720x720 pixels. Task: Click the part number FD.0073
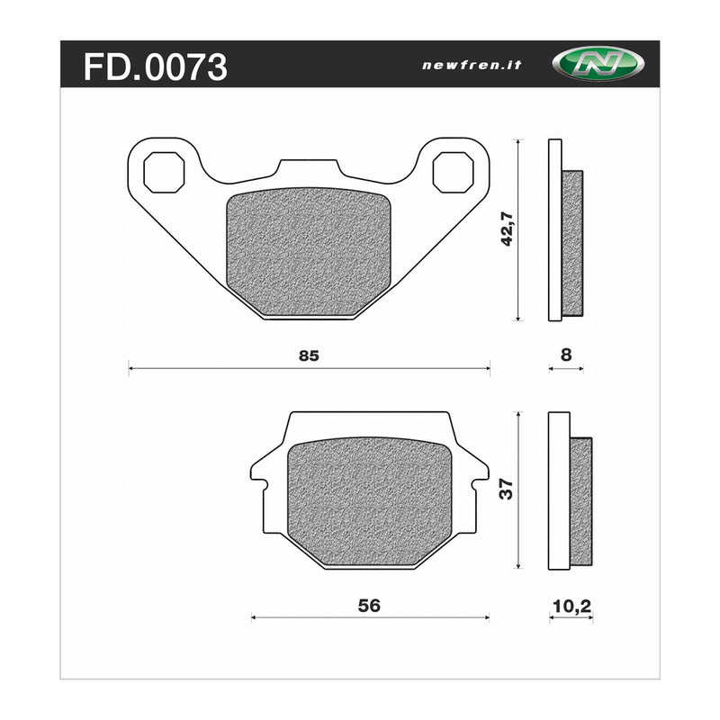155,67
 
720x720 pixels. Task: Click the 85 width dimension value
308,355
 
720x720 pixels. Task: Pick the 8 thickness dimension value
565,355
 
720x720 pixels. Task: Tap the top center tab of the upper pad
309,169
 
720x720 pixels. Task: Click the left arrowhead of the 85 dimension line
132,367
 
